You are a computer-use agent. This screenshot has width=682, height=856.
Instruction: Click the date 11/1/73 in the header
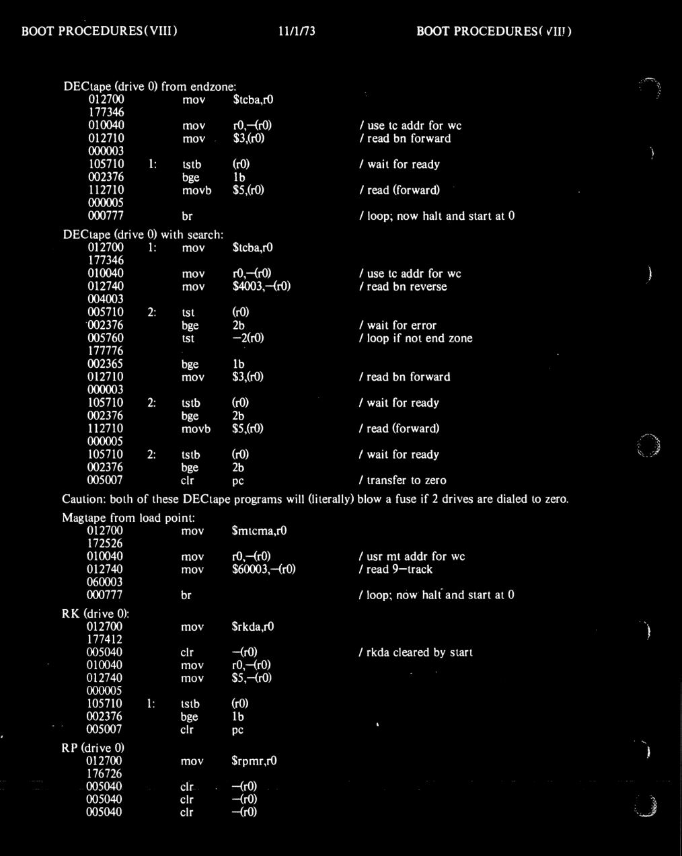(x=296, y=31)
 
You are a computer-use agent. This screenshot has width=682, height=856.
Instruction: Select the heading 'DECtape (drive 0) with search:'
(x=143, y=235)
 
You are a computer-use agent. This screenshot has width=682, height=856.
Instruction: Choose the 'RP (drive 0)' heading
(x=93, y=748)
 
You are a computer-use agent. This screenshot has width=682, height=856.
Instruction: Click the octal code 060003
(x=105, y=582)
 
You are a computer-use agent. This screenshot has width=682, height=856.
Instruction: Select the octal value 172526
(x=105, y=543)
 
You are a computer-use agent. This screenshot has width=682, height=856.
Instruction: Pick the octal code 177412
(x=105, y=639)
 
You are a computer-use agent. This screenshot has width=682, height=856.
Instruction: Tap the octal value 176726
(x=105, y=773)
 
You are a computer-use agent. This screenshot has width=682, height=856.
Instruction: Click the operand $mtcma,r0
(x=259, y=531)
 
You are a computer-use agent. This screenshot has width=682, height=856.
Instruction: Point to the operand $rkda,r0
(x=253, y=627)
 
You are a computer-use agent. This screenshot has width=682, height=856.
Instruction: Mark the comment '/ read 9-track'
(x=396, y=569)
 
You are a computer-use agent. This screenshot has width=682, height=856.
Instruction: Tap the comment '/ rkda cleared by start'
(x=416, y=652)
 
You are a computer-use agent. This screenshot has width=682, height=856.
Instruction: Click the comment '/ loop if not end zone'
(x=416, y=338)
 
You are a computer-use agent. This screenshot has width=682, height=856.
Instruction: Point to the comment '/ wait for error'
(x=398, y=325)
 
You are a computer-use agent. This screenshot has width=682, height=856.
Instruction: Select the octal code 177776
(x=105, y=351)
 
